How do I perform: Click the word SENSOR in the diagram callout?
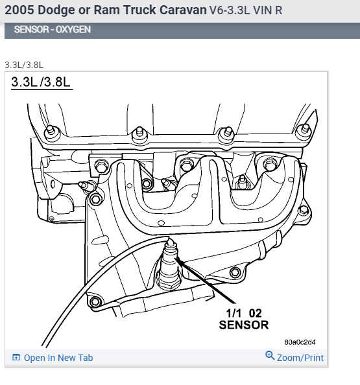tap(244, 325)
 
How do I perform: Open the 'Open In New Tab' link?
tap(58, 358)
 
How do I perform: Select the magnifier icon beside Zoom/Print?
tap(270, 356)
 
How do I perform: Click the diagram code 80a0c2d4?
tap(304, 343)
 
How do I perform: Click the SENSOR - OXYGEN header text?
tap(52, 30)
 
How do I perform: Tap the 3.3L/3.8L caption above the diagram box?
tap(24, 65)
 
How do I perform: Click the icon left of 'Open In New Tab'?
tap(16, 358)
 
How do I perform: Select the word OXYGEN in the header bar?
tap(72, 30)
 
